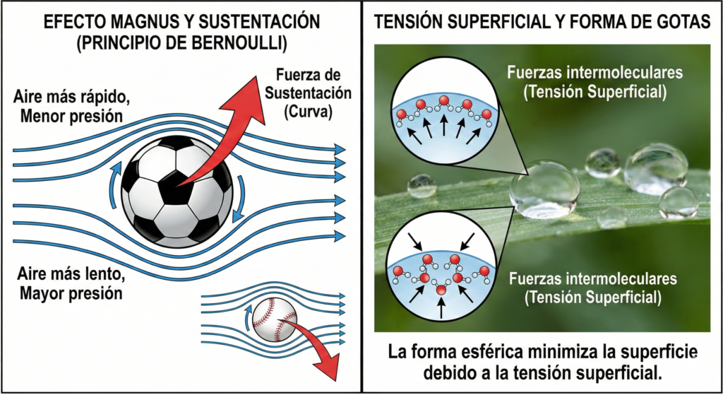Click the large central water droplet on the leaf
click(544, 189)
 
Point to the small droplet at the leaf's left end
click(422, 185)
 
